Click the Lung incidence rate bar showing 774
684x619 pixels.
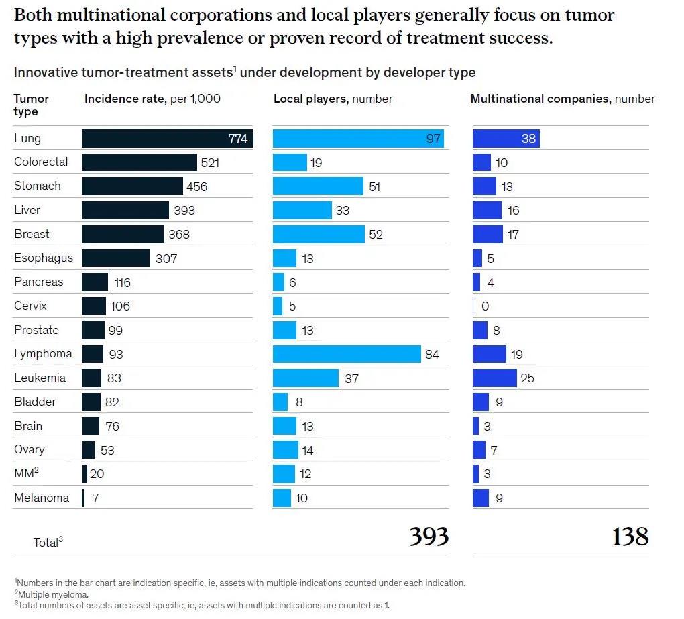click(x=167, y=139)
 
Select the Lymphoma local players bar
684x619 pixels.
click(x=346, y=354)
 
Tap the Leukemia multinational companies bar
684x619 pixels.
click(x=494, y=378)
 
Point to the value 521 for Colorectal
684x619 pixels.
click(x=210, y=162)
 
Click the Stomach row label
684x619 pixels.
click(x=38, y=186)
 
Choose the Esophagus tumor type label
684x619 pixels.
click(x=44, y=258)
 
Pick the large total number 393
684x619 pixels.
click(x=429, y=537)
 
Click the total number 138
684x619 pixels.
click(x=630, y=537)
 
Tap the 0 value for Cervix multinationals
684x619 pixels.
click(x=486, y=306)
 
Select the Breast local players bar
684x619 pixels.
click(x=319, y=234)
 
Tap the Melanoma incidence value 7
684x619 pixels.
click(x=95, y=498)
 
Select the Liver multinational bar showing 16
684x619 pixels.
click(x=487, y=211)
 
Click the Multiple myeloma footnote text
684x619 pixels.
click(x=53, y=594)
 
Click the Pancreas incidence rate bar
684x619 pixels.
click(x=95, y=282)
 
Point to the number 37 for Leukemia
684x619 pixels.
click(x=351, y=379)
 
